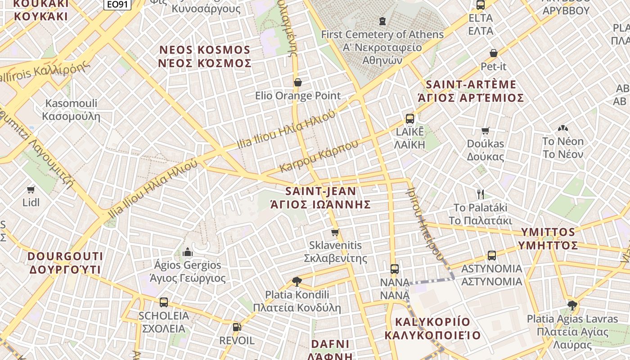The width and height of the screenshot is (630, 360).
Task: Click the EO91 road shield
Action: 117,4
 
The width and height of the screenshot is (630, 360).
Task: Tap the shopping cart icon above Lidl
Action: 31,189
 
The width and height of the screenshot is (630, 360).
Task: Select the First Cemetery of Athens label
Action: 382,34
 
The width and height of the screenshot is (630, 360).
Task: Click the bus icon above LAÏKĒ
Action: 409,119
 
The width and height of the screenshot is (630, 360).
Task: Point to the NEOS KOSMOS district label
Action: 205,49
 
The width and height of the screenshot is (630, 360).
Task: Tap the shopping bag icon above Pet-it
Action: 494,53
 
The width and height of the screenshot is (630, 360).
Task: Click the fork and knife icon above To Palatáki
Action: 481,194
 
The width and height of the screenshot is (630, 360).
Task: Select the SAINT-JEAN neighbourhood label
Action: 320,191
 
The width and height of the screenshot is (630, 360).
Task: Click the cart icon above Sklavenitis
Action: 335,233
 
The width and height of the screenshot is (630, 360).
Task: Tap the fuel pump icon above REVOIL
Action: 237,327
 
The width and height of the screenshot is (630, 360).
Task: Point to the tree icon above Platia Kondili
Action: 297,282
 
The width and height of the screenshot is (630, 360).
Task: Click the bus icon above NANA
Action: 395,269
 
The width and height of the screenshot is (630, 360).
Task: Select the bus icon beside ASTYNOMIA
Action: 492,256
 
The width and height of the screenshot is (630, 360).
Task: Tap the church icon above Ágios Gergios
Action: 188,252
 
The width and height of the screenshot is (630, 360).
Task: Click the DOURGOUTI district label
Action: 66,256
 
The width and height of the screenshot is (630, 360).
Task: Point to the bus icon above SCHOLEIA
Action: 164,302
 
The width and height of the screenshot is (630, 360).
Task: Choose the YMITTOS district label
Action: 548,232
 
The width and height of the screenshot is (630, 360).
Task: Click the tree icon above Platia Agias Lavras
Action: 572,306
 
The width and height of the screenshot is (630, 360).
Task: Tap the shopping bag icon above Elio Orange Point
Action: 297,82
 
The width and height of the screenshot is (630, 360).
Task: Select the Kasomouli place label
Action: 71,103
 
